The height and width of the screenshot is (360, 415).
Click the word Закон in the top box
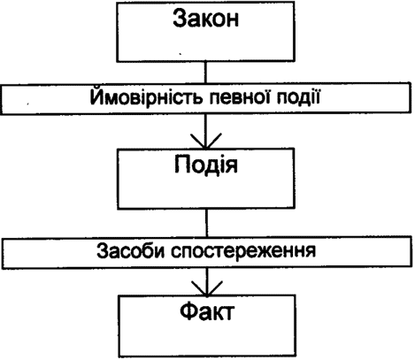(x=205, y=19)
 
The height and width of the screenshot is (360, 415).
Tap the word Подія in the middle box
(x=205, y=165)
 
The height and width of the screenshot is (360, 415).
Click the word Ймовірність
(x=147, y=96)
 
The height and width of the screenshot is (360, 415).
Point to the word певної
(x=242, y=96)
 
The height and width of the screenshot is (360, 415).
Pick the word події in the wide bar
(x=299, y=96)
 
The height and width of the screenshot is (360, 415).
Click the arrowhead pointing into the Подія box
(x=205, y=141)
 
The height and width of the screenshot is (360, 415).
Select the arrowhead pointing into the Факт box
(x=207, y=288)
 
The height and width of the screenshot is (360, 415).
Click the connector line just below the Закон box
(x=205, y=73)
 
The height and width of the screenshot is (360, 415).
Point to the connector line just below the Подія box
(x=206, y=223)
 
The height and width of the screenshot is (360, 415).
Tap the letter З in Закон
(x=180, y=19)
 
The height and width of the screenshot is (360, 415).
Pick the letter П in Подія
(x=182, y=164)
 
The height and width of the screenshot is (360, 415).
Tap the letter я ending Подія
(x=232, y=166)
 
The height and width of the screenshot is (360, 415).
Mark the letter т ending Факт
(x=228, y=313)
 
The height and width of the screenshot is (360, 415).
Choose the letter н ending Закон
(x=233, y=20)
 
